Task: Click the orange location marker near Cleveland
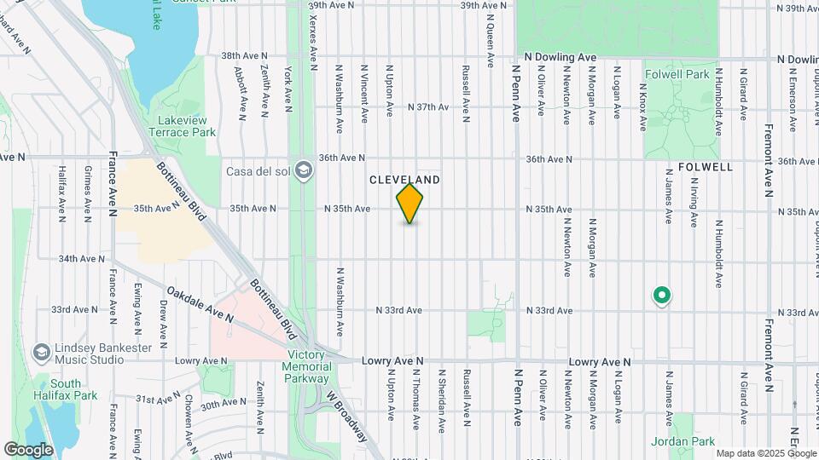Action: (x=410, y=204)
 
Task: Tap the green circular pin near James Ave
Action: (x=660, y=296)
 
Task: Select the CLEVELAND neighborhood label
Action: (x=404, y=180)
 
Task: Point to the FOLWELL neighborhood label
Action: (x=706, y=167)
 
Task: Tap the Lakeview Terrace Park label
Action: (x=182, y=127)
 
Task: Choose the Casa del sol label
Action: (x=258, y=171)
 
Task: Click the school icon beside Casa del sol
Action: (x=303, y=171)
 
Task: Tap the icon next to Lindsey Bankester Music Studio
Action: (x=40, y=353)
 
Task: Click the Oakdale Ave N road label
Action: (x=201, y=303)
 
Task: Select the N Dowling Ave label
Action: (x=560, y=56)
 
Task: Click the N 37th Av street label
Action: (x=428, y=107)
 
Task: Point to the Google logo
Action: (x=28, y=449)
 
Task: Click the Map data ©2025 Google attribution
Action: (x=764, y=453)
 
